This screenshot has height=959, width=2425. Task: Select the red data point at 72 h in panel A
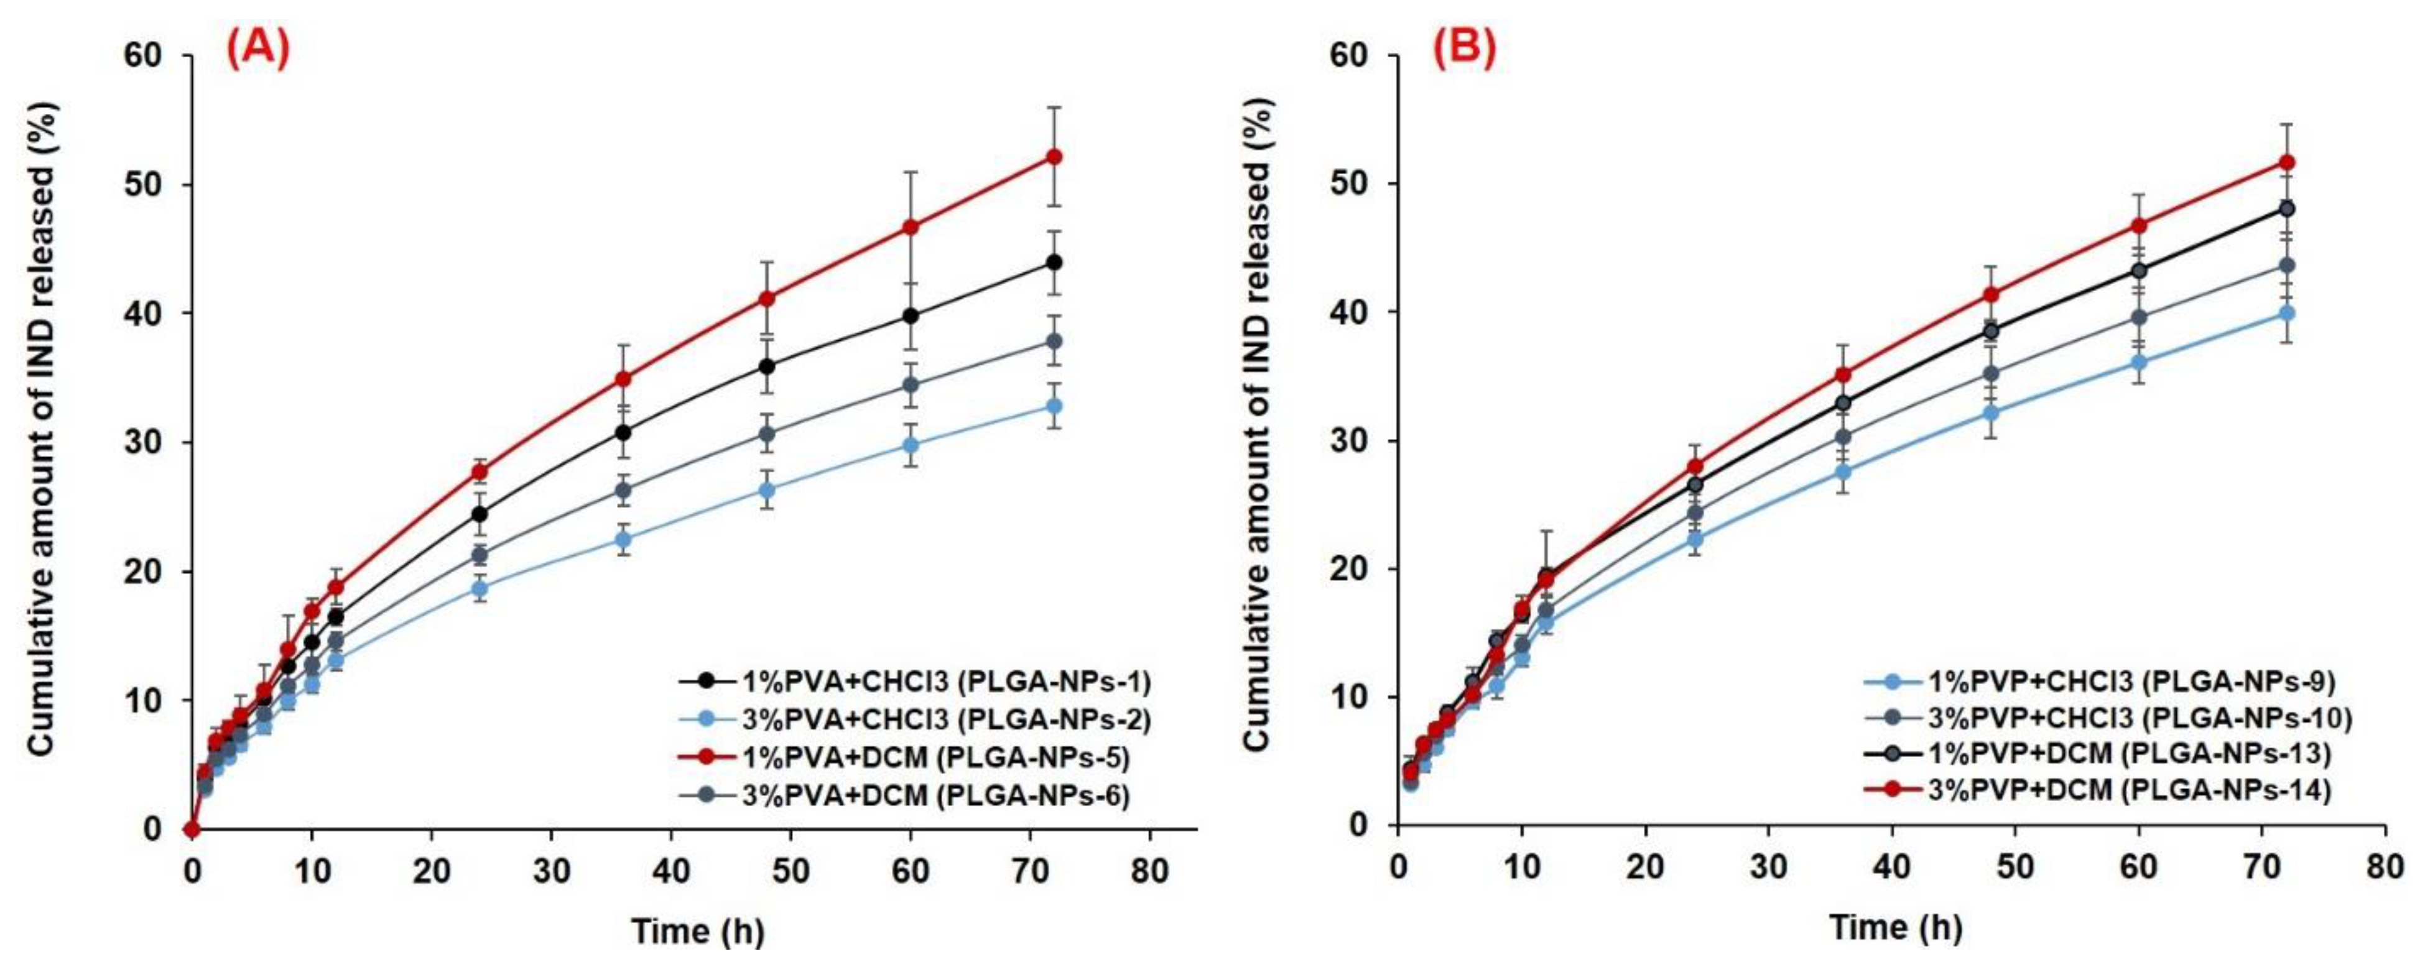click(1054, 157)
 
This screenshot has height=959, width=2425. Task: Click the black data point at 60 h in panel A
click(911, 316)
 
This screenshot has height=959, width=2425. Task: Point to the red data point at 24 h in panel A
click(479, 471)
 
